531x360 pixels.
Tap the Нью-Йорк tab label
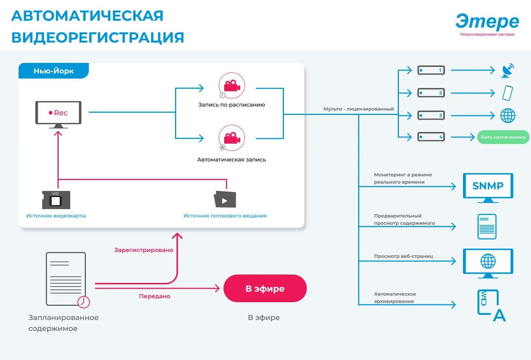[54, 71]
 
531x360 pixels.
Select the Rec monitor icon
[58, 113]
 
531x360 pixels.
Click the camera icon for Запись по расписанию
[231, 86]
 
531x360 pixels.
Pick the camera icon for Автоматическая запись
[231, 138]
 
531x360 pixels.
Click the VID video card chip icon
[56, 200]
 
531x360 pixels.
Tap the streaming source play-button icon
[225, 200]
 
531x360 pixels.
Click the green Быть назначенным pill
[503, 137]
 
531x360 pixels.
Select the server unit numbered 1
[431, 70]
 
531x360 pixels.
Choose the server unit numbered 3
[431, 116]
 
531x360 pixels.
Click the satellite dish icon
[508, 71]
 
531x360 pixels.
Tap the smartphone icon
[507, 93]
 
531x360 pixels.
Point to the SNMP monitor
[488, 186]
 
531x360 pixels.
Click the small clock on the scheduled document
[84, 302]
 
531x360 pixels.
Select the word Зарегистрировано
[144, 250]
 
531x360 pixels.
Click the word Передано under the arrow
[155, 296]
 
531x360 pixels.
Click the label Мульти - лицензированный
[358, 109]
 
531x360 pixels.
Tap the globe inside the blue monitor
[488, 261]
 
